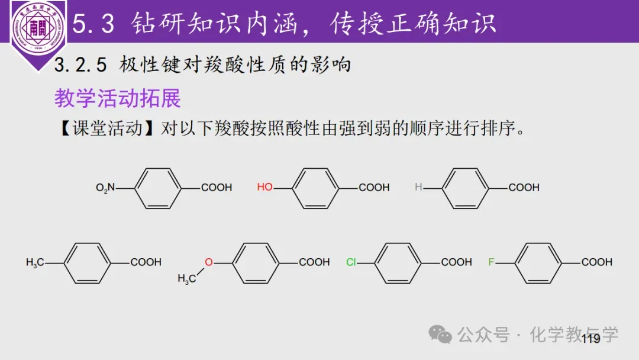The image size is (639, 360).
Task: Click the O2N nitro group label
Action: (x=105, y=188)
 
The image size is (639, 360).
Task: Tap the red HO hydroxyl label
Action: (x=264, y=187)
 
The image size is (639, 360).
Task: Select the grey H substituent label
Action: (x=418, y=187)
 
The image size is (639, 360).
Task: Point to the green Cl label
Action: (x=351, y=262)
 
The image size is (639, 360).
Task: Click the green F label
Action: (x=491, y=262)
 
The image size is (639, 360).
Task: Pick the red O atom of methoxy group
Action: (x=209, y=262)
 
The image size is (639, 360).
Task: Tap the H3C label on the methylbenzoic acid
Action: (x=35, y=262)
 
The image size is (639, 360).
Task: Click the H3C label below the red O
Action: (x=186, y=279)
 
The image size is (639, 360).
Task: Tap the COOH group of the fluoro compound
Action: (x=596, y=262)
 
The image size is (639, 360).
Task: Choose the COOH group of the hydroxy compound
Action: (x=374, y=188)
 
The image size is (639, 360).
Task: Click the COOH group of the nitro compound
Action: (x=217, y=188)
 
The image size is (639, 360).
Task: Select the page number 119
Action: (x=590, y=339)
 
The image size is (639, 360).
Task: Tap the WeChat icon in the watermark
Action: (x=440, y=335)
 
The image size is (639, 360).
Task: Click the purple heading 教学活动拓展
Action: (x=117, y=98)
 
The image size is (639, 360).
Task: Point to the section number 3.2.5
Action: (x=80, y=65)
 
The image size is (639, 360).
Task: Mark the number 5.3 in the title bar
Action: (x=93, y=24)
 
